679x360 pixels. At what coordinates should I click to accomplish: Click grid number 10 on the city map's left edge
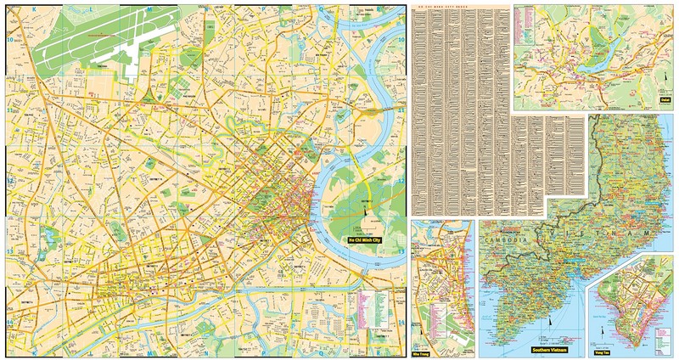point(8,39)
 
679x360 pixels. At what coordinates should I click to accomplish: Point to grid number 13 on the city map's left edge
point(8,251)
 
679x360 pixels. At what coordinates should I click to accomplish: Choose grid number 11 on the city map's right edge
point(401,110)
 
